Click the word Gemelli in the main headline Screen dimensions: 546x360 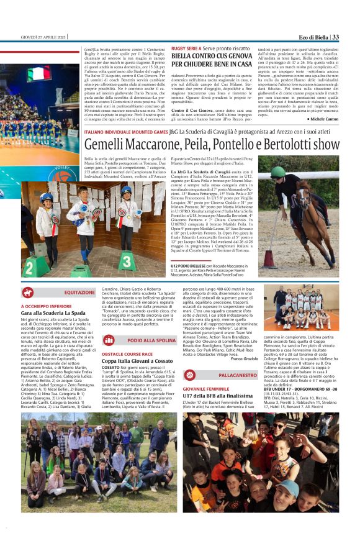109,145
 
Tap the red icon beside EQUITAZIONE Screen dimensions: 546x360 28,292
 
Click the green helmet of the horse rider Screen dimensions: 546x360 277,171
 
